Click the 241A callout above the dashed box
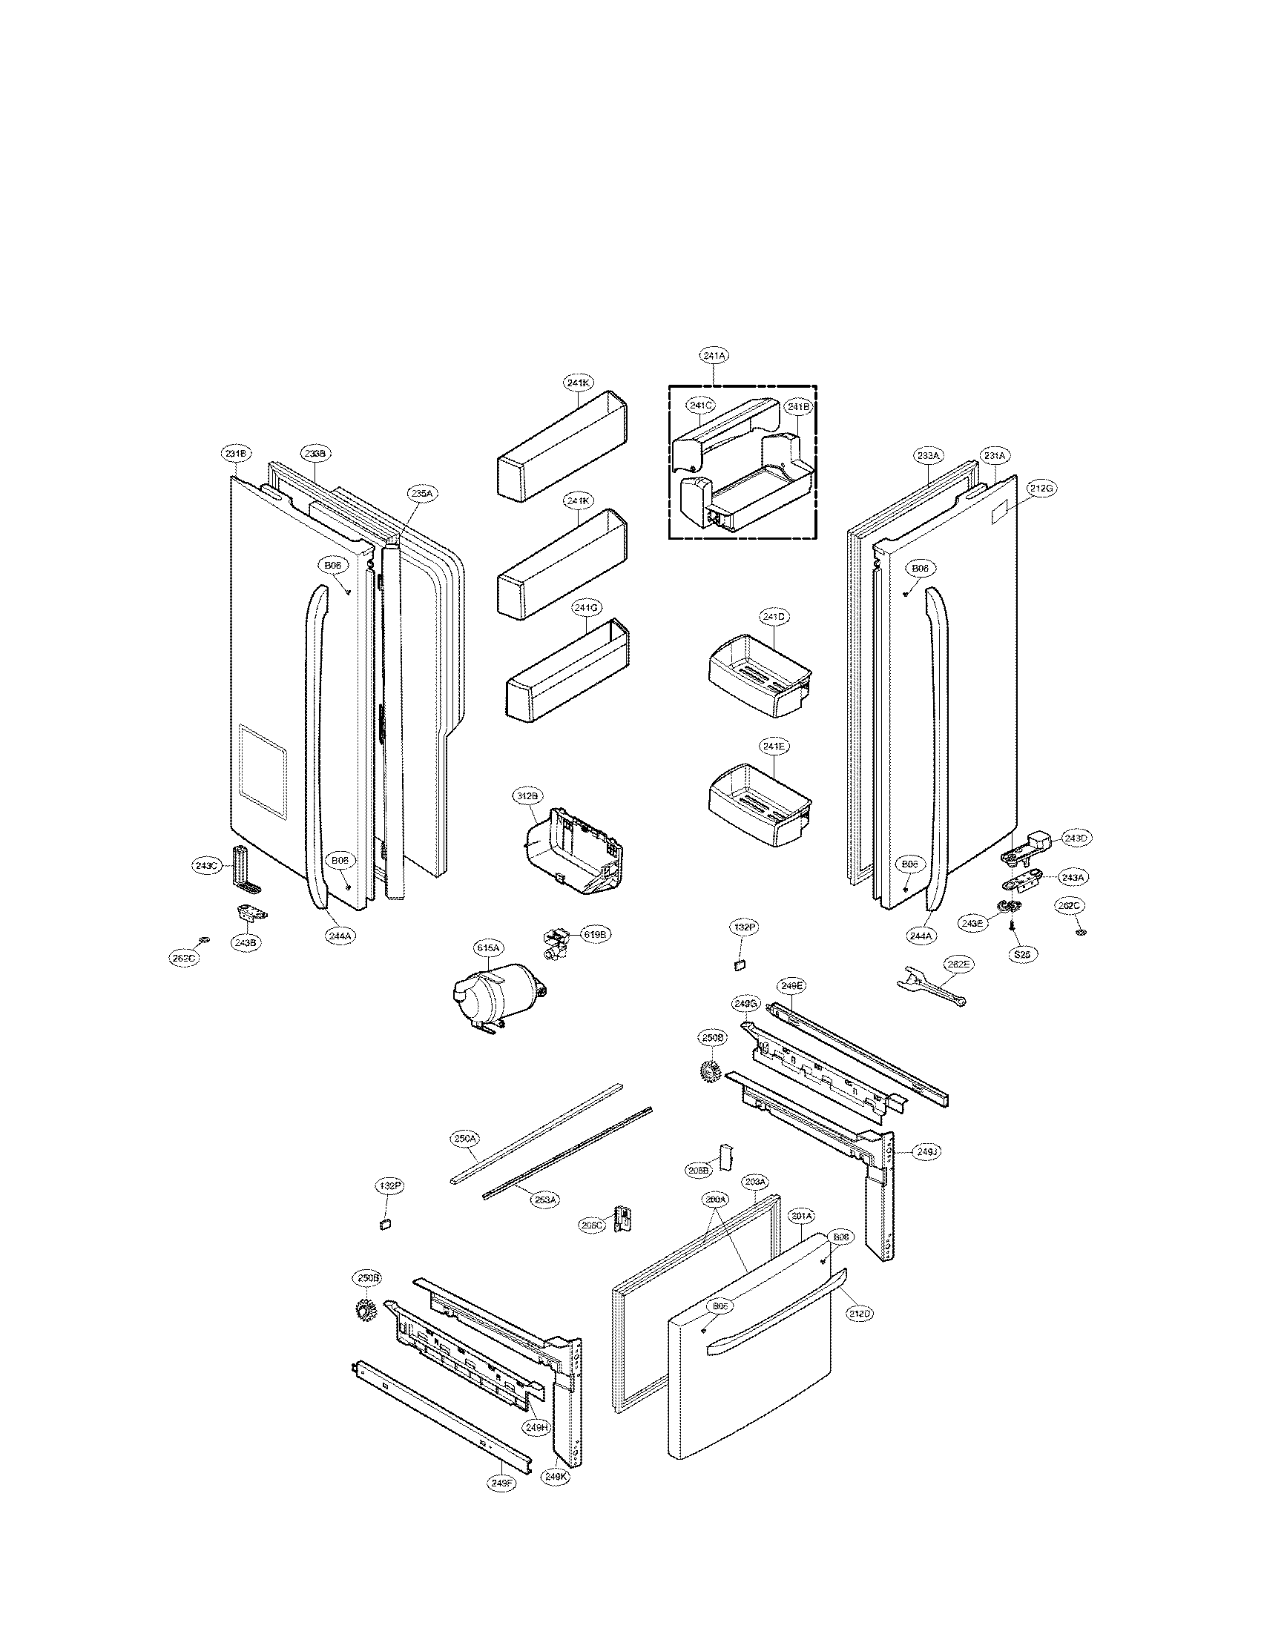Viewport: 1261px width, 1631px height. pyautogui.click(x=714, y=356)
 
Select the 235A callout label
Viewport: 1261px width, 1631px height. pyautogui.click(x=422, y=494)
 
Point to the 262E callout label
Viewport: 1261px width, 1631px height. pyautogui.click(x=957, y=964)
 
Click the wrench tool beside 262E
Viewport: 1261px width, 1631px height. pyautogui.click(x=930, y=987)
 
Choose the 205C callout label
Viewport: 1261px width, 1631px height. pyautogui.click(x=592, y=1225)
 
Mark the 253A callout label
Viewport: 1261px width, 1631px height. pyautogui.click(x=545, y=1200)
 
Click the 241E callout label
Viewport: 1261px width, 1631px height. pyautogui.click(x=774, y=746)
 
